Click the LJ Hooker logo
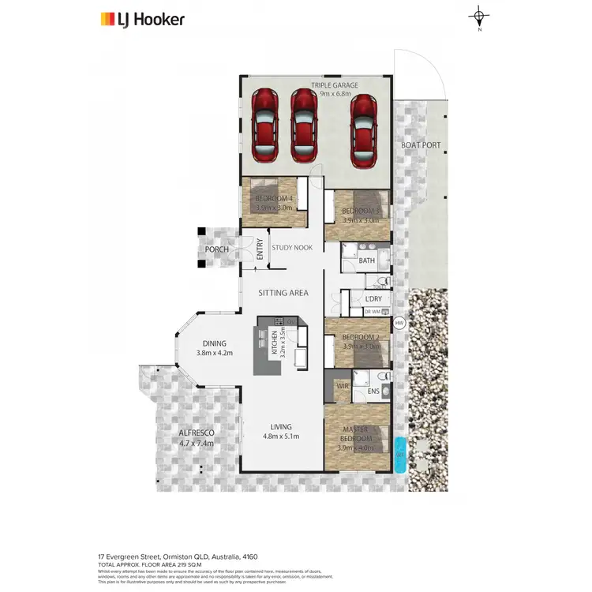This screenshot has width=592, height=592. tap(142, 19)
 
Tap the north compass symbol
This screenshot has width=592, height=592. tap(479, 17)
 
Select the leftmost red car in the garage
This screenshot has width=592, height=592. tap(264, 122)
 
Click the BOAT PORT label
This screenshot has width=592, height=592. tap(421, 145)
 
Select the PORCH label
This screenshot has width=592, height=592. tap(216, 249)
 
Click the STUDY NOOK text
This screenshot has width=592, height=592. tap(292, 248)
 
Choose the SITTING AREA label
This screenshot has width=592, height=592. tap(283, 293)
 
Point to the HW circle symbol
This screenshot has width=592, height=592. tap(399, 323)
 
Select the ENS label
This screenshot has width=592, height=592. tap(373, 391)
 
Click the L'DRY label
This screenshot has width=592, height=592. tap(373, 299)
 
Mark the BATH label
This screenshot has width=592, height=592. tap(367, 260)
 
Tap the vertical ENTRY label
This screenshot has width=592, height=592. tap(259, 249)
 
